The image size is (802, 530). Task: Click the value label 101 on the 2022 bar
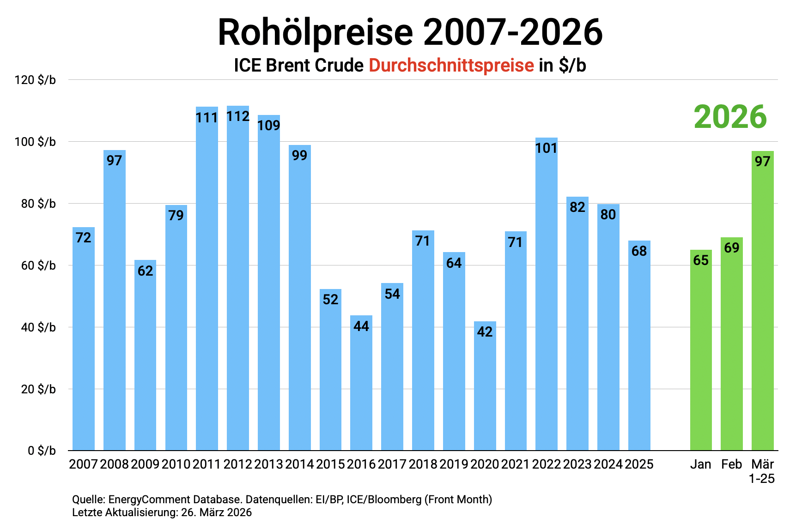[546, 148]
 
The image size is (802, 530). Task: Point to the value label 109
[268, 125]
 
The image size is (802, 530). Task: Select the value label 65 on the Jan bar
[700, 260]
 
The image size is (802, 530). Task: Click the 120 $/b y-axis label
[35, 80]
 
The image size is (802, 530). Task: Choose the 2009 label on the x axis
[145, 464]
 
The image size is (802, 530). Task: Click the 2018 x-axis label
[423, 464]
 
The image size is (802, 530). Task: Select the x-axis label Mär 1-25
[762, 471]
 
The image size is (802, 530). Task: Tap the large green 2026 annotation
[730, 117]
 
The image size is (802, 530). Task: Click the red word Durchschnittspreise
[451, 65]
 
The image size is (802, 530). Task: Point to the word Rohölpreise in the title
[315, 32]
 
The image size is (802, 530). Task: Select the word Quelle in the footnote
[87, 500]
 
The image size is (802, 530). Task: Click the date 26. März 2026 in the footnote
[216, 512]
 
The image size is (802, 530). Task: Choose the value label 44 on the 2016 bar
[361, 326]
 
